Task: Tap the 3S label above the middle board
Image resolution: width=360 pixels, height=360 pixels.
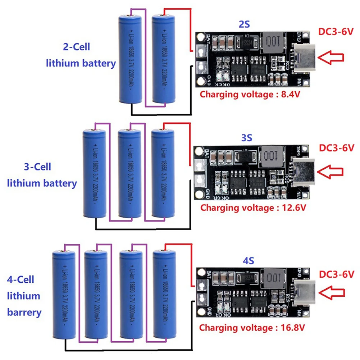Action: coord(246,138)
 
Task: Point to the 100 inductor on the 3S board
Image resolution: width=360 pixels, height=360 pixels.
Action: coord(270,156)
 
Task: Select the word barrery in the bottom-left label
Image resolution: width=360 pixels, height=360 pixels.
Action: coord(24,312)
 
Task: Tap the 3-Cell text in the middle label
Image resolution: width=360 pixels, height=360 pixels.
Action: coord(37,167)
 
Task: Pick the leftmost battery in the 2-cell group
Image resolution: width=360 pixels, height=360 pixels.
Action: coord(131,59)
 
